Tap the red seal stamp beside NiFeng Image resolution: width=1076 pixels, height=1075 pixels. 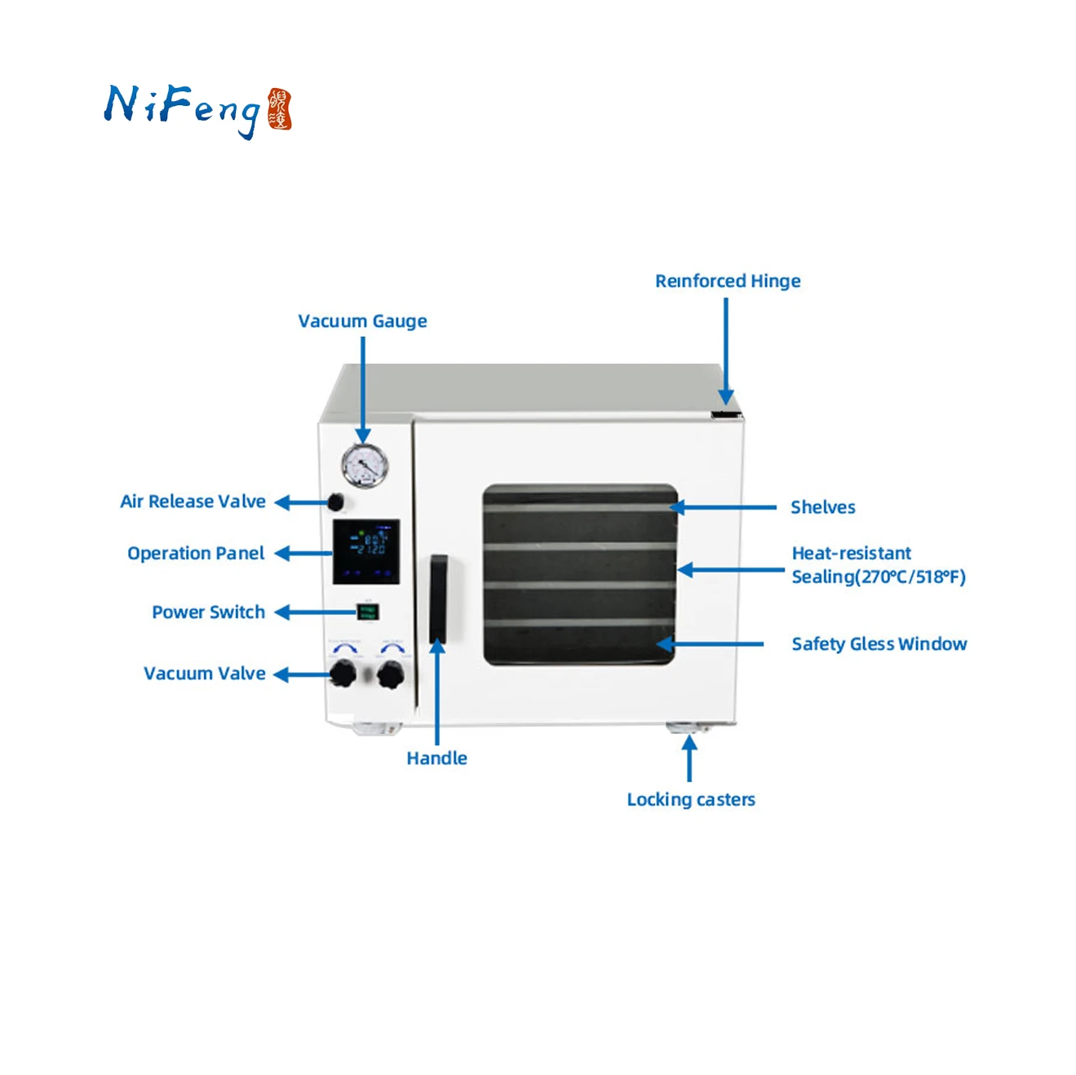pos(280,109)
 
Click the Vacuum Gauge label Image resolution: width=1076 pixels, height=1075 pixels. pos(362,321)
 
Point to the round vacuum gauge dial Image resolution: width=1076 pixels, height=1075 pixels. pos(364,466)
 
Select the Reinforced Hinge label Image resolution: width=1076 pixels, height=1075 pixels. pos(728,281)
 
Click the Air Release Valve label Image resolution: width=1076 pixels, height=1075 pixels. pos(193,502)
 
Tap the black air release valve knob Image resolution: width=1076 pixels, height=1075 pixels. pos(334,502)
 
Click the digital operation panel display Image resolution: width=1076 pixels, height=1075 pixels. pos(365,551)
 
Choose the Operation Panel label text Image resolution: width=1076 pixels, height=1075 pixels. pos(196,554)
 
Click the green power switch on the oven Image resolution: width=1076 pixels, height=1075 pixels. pos(367,612)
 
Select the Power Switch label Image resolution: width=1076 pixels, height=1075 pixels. pos(208,613)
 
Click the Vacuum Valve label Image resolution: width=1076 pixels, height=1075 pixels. pos(204,674)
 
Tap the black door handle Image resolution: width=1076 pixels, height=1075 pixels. pos(438,599)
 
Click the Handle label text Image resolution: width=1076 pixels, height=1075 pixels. pos(436,759)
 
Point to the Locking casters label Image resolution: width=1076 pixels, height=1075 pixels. pos(690,800)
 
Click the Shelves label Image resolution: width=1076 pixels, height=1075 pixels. pos(822,507)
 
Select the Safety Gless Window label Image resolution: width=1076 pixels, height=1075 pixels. pos(879,644)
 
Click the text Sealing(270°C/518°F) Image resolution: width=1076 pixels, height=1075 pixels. pos(878,577)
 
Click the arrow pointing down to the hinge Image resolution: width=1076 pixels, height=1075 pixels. pos(725,351)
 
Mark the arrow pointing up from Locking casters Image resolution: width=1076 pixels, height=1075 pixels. pos(689,759)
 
